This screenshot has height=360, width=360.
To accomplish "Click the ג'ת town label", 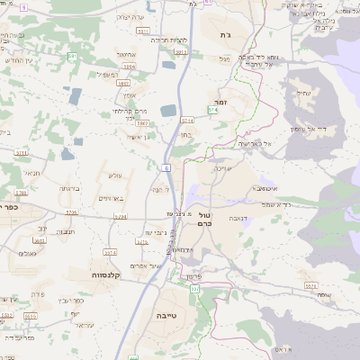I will [x=225, y=34].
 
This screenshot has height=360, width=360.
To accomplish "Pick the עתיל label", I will [x=301, y=92].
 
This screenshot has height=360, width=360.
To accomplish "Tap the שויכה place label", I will [x=224, y=168].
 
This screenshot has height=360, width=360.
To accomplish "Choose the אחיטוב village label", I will [x=102, y=55].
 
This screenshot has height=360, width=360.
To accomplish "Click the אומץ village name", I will [x=129, y=94].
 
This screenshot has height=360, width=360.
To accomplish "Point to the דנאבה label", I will [x=236, y=217].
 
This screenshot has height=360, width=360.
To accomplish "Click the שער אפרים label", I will [x=144, y=265].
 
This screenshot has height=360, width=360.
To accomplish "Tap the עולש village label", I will [x=114, y=175].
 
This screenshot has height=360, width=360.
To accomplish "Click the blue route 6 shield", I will [x=167, y=167].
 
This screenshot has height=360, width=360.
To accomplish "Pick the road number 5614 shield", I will [x=110, y=253].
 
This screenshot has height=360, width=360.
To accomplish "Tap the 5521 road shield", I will [x=311, y=285].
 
